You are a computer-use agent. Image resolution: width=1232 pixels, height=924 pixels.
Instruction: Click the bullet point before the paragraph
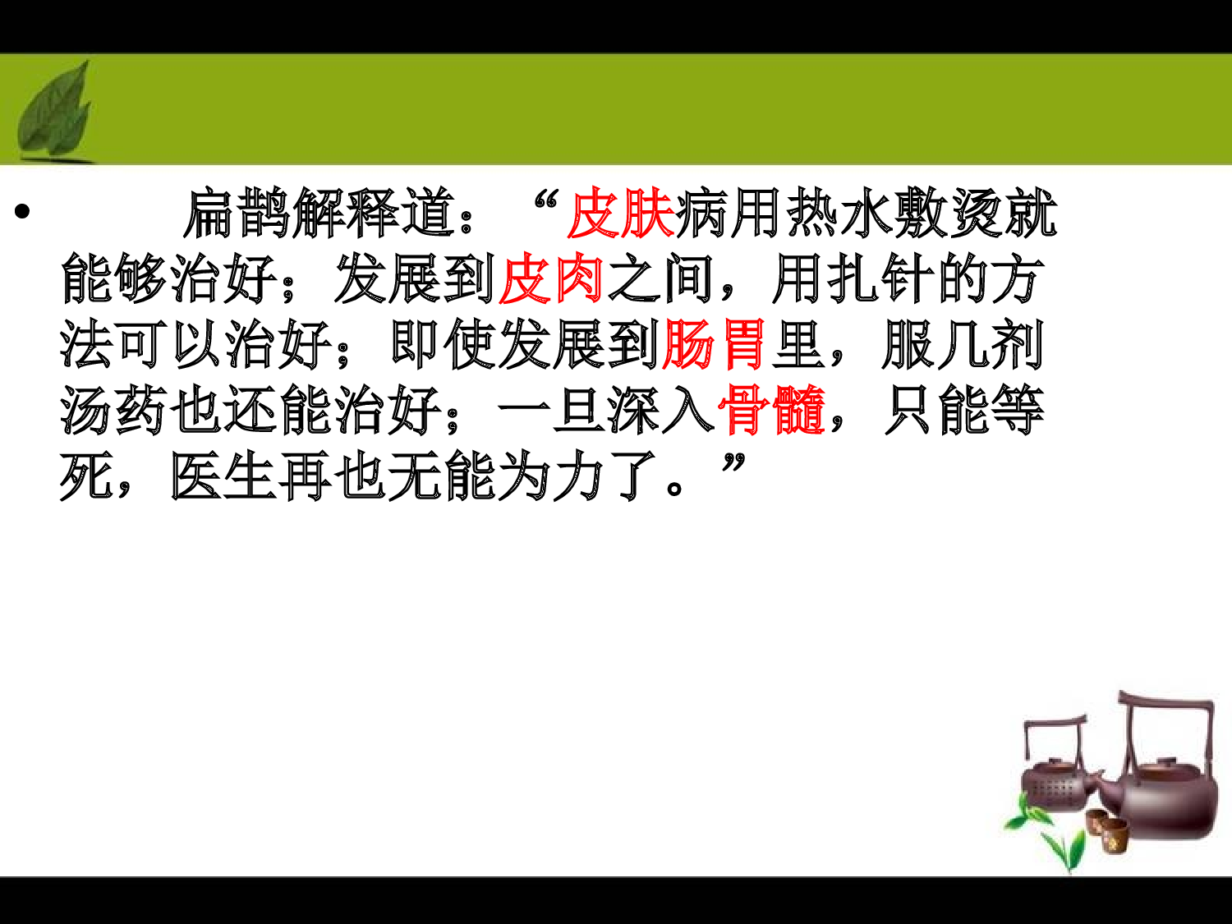(x=22, y=212)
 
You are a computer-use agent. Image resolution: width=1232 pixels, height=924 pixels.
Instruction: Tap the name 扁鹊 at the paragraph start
(x=237, y=214)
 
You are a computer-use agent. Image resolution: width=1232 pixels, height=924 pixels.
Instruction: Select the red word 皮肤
(x=620, y=214)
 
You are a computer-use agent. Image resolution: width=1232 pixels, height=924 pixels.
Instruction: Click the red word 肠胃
(x=714, y=345)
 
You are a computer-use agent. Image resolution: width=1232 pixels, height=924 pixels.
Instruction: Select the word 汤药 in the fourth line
(x=114, y=410)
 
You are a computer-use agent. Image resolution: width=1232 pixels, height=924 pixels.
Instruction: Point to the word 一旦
(x=552, y=410)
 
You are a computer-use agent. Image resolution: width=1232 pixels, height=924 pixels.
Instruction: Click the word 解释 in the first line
(x=346, y=214)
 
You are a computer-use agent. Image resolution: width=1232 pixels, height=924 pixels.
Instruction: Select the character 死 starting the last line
(x=86, y=476)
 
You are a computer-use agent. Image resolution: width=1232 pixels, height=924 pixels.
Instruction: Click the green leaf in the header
(x=56, y=112)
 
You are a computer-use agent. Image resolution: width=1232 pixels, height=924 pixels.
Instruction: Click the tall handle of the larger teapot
(x=1166, y=702)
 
